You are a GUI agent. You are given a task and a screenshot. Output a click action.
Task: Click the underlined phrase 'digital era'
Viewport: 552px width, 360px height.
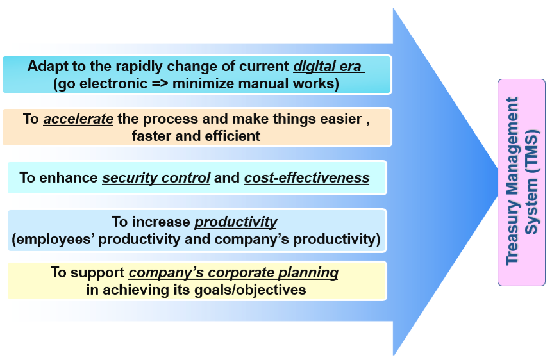[x=328, y=67]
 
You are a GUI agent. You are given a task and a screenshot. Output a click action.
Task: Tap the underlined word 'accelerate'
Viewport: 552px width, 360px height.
[x=78, y=119]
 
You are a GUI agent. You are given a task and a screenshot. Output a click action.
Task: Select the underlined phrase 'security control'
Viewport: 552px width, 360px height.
[x=156, y=178]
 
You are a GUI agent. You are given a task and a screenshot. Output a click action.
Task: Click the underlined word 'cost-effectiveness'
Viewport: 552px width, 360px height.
[x=306, y=177]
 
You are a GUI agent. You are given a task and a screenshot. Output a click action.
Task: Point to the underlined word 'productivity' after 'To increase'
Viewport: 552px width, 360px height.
[x=236, y=222]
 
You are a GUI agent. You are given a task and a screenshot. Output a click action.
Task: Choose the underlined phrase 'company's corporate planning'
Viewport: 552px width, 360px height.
[x=233, y=273]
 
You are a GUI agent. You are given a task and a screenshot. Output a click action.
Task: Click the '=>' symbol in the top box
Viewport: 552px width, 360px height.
[x=160, y=84]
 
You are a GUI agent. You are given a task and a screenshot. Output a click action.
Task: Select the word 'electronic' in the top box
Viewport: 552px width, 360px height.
[x=113, y=84]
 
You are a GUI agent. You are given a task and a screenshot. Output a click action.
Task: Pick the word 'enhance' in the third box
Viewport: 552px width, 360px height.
[x=69, y=177]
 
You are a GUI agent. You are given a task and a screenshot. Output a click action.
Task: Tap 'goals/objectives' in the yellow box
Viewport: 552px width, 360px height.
[x=250, y=290]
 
